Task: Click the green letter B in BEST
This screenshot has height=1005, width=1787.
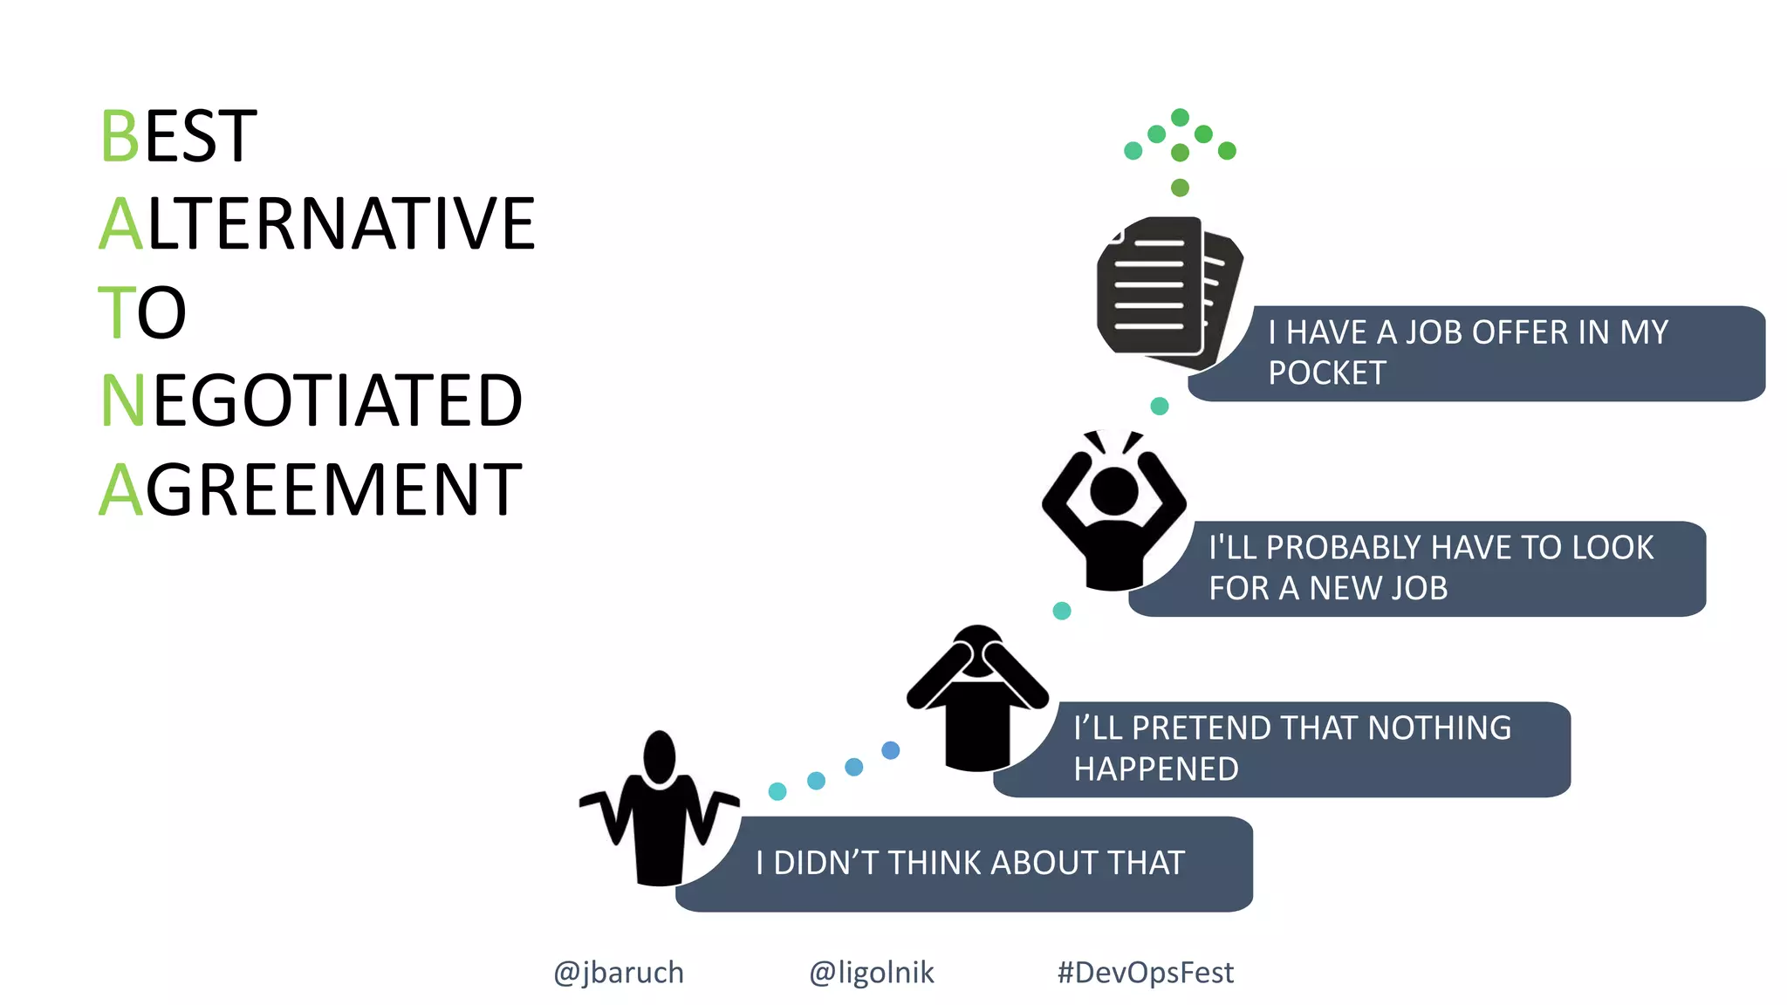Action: [120, 137]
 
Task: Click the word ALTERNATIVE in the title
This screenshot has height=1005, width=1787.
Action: [317, 224]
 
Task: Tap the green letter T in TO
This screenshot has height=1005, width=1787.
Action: [116, 313]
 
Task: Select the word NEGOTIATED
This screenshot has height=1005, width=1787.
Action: [312, 400]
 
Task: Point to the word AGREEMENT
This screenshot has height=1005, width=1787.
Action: [310, 490]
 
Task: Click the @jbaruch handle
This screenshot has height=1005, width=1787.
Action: [619, 972]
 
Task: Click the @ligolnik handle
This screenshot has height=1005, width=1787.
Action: [871, 972]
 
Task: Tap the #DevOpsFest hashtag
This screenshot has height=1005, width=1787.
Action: [1145, 972]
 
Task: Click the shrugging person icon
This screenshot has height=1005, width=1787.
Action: [660, 811]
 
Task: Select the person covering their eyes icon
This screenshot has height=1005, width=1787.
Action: [977, 698]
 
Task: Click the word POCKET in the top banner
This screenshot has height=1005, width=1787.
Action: [1326, 373]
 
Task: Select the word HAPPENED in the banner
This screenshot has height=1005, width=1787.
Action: [1155, 769]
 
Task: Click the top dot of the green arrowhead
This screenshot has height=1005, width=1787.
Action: [1180, 117]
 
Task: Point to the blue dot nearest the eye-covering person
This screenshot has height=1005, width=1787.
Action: [890, 750]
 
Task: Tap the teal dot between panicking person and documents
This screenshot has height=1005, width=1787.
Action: [1159, 406]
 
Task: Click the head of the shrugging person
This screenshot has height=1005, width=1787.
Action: [660, 756]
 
